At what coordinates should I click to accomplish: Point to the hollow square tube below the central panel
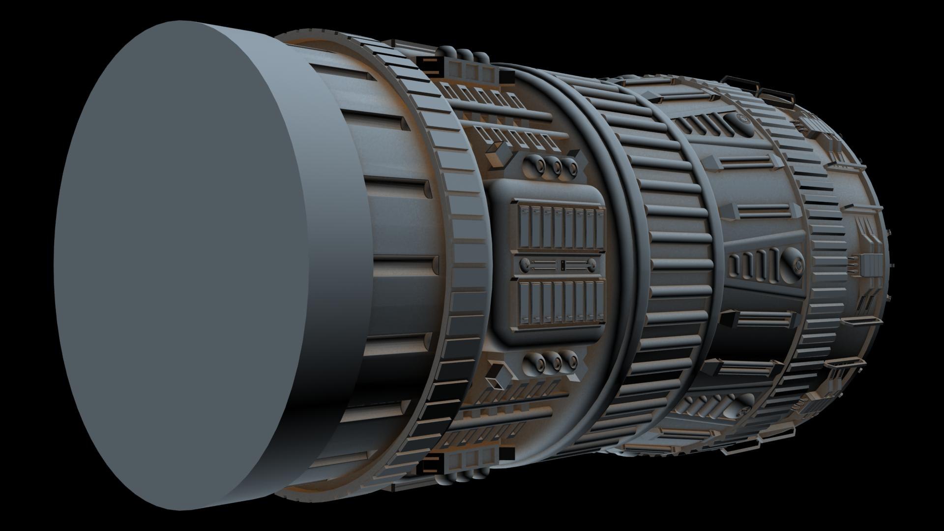(497, 378)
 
